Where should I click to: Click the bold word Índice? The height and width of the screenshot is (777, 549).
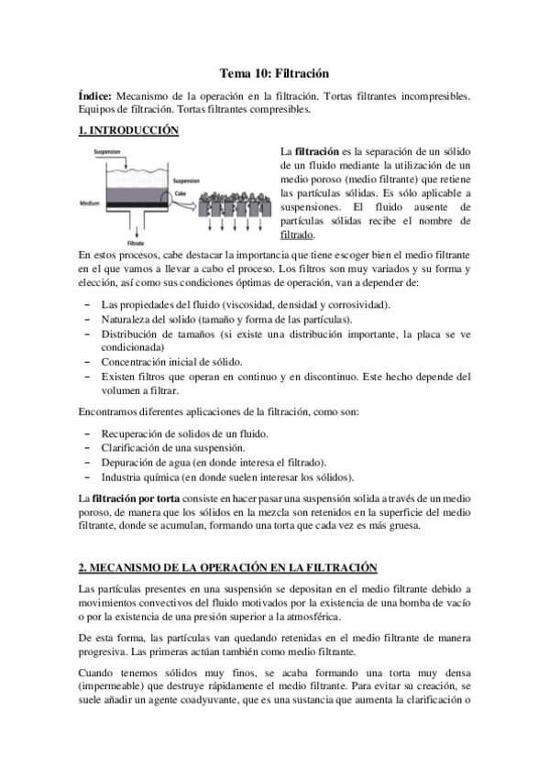[95, 95]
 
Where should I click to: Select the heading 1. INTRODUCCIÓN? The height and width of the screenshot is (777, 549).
[128, 130]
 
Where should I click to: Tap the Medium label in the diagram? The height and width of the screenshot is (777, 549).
[90, 203]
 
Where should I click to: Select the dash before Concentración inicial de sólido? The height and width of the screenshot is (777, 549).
[86, 362]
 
